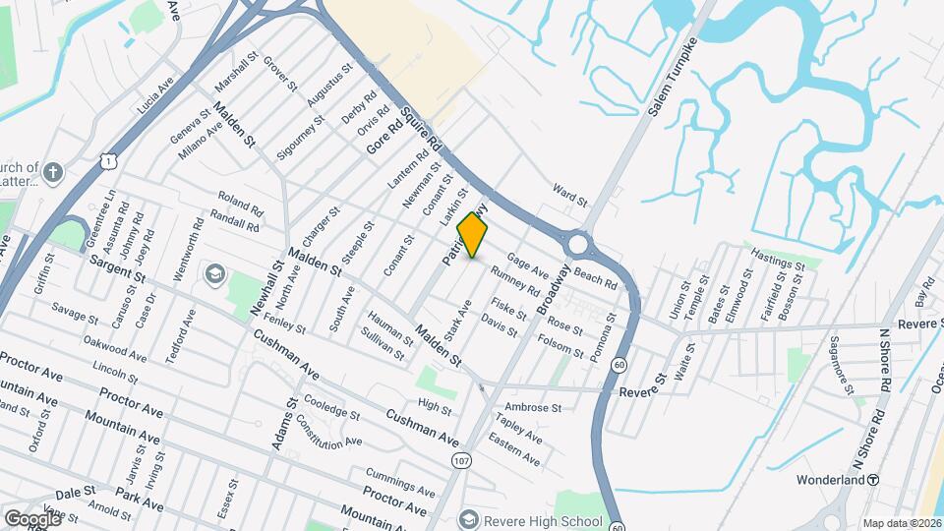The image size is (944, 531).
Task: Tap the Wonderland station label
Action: pyautogui.click(x=832, y=480)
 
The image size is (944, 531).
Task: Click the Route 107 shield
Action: pyautogui.click(x=459, y=460)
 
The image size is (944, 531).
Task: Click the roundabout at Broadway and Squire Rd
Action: pyautogui.click(x=579, y=243)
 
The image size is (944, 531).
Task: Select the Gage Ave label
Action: pyautogui.click(x=527, y=265)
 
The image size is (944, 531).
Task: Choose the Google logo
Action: pyautogui.click(x=32, y=518)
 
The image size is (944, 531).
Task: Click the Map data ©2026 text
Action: pyautogui.click(x=901, y=523)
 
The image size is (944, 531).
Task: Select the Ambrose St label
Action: pyautogui.click(x=532, y=407)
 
